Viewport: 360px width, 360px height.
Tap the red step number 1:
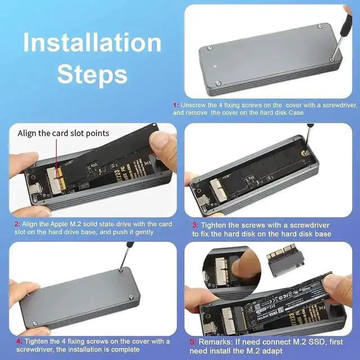[x=176, y=105]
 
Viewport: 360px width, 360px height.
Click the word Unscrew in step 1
[x=193, y=105]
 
